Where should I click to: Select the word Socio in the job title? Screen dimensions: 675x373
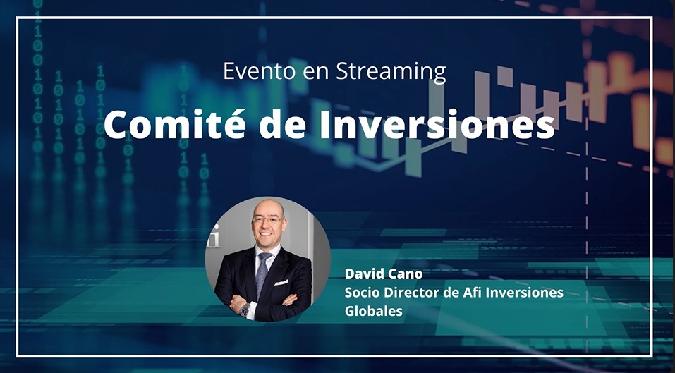tap(360, 293)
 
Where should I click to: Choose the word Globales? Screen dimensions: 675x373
tap(374, 311)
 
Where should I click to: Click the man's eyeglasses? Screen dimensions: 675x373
tap(267, 220)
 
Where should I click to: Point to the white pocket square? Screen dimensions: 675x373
tap(281, 282)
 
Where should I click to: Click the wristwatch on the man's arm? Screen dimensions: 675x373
tap(245, 310)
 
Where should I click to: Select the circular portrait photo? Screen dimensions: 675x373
tap(268, 259)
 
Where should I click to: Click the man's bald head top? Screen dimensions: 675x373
tap(268, 206)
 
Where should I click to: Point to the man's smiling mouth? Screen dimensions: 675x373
tap(266, 235)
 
